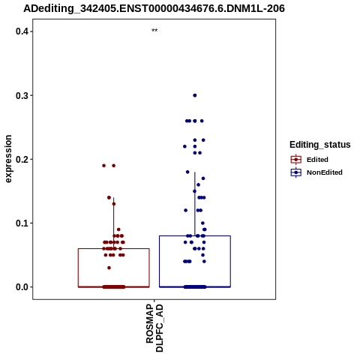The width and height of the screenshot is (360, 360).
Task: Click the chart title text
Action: click(x=154, y=9)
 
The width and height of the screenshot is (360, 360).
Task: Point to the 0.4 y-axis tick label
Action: click(x=21, y=31)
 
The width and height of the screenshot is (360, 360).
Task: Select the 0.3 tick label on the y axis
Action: click(x=21, y=95)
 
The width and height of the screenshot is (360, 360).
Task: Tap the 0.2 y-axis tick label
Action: click(x=21, y=159)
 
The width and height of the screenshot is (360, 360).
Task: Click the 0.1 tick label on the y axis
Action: click(x=21, y=223)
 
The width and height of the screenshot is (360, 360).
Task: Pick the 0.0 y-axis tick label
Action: click(x=21, y=287)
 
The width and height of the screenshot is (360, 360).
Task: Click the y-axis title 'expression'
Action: click(x=8, y=159)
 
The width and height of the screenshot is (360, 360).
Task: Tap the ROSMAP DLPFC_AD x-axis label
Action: click(x=154, y=328)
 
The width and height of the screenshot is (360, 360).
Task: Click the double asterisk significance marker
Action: click(x=154, y=31)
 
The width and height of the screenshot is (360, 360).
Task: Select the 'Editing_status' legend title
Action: click(x=320, y=145)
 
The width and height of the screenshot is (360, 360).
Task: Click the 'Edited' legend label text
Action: click(x=317, y=160)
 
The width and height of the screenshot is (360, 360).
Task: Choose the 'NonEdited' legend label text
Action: click(x=325, y=172)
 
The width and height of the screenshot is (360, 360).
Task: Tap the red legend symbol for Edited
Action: click(x=296, y=160)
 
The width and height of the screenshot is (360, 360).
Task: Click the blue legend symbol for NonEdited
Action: click(x=296, y=172)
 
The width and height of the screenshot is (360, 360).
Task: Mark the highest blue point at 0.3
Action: click(x=195, y=95)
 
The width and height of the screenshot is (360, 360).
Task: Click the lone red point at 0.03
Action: click(x=109, y=268)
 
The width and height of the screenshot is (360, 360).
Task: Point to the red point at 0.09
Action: click(x=118, y=229)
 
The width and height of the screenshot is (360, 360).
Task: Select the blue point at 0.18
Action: click(x=187, y=172)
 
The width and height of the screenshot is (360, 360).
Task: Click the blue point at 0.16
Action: click(x=199, y=184)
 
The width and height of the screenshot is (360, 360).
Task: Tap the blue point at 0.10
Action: click(x=202, y=223)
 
